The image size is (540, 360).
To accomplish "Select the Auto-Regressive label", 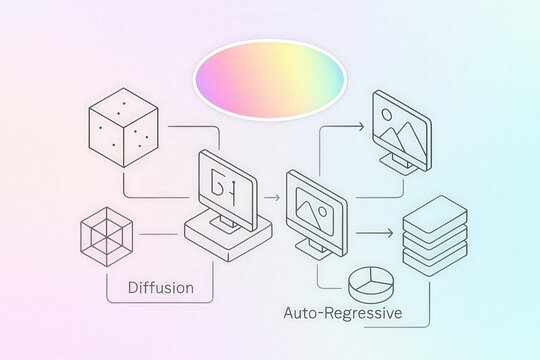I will [x=343, y=313].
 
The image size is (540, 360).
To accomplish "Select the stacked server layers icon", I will [x=434, y=240].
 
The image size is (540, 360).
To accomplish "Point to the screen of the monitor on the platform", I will [x=228, y=186].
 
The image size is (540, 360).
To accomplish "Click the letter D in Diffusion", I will [x=134, y=288].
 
